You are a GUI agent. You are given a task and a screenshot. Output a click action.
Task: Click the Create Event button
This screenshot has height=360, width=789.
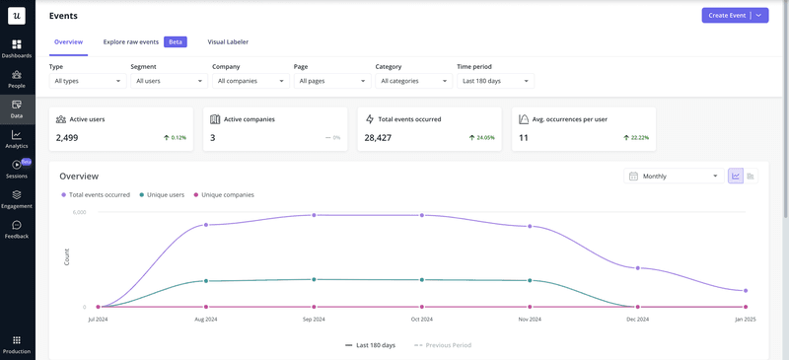pyautogui.click(x=726, y=16)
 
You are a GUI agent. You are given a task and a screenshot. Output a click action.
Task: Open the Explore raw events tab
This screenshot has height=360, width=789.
pyautogui.click(x=131, y=42)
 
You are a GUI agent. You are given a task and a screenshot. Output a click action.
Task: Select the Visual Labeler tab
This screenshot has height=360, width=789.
pyautogui.click(x=228, y=42)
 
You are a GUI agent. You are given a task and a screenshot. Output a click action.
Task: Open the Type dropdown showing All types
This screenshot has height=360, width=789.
pyautogui.click(x=87, y=81)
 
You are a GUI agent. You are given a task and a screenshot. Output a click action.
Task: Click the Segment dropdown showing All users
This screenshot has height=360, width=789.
pyautogui.click(x=168, y=81)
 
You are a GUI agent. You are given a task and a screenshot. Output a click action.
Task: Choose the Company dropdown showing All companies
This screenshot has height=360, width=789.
pyautogui.click(x=250, y=81)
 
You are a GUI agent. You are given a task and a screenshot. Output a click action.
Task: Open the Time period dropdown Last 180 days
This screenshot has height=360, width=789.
pyautogui.click(x=495, y=81)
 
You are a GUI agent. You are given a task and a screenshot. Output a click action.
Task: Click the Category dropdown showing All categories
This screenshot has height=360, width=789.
pyautogui.click(x=413, y=81)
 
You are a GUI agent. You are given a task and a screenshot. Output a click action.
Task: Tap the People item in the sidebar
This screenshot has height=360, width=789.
pyautogui.click(x=17, y=78)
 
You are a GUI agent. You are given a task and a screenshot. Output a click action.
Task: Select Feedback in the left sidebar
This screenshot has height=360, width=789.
pyautogui.click(x=17, y=229)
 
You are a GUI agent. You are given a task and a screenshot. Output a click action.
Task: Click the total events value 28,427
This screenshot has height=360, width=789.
pyautogui.click(x=379, y=138)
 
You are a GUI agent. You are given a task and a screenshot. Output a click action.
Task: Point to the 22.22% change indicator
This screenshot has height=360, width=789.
pyautogui.click(x=636, y=138)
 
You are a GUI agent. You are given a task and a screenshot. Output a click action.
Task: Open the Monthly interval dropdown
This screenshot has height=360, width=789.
pyautogui.click(x=673, y=177)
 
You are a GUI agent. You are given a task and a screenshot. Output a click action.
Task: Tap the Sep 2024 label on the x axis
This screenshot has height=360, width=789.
pyautogui.click(x=314, y=320)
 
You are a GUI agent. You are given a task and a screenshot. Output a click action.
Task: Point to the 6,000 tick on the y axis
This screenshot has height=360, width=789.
pyautogui.click(x=79, y=212)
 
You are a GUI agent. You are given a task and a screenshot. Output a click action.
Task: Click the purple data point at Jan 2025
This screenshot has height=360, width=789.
pyautogui.click(x=746, y=291)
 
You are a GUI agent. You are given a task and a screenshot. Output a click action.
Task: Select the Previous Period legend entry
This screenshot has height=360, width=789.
pyautogui.click(x=443, y=345)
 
